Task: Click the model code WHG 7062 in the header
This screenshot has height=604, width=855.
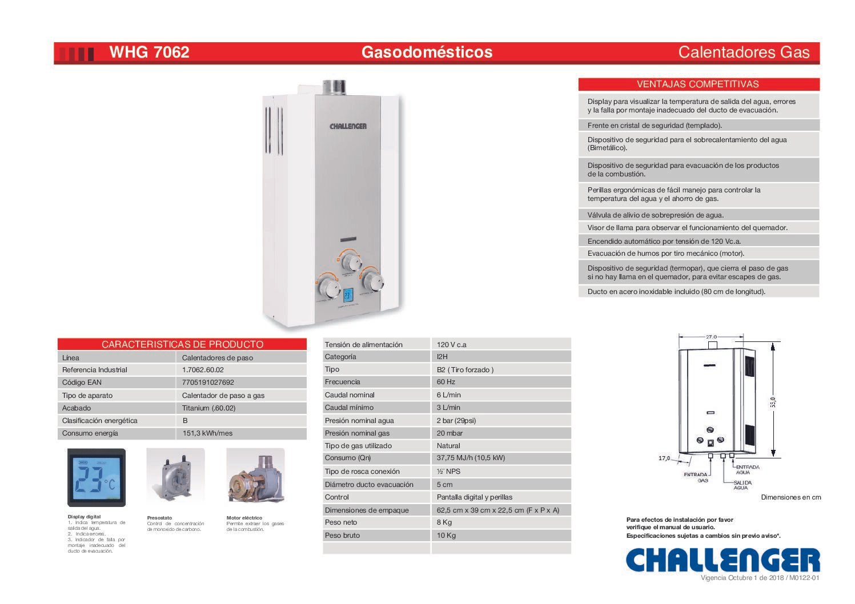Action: (149, 52)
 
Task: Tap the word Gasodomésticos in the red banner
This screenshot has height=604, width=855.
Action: (427, 52)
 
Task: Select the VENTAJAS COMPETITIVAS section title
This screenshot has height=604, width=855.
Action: (698, 84)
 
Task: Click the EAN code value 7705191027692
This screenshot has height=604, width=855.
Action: (208, 382)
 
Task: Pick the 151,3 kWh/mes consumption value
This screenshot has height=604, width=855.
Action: (207, 433)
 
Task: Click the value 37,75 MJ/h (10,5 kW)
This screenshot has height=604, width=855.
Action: (471, 458)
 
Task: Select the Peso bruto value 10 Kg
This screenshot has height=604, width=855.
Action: (446, 535)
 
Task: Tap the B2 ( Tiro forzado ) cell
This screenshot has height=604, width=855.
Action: (465, 369)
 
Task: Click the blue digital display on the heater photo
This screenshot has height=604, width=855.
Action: (348, 295)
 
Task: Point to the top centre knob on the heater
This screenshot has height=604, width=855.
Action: (351, 261)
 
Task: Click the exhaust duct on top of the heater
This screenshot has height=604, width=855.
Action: (334, 87)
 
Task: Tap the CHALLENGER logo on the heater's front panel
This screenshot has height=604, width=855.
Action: (348, 126)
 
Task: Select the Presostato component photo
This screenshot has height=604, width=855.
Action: (175, 477)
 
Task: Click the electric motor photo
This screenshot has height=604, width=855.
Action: (255, 476)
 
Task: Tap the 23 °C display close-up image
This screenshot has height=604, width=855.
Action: (97, 478)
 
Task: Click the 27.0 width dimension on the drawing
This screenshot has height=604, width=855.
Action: (711, 337)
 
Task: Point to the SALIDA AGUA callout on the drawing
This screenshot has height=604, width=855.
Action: (742, 485)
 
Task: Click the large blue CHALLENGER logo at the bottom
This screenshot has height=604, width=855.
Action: (723, 560)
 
